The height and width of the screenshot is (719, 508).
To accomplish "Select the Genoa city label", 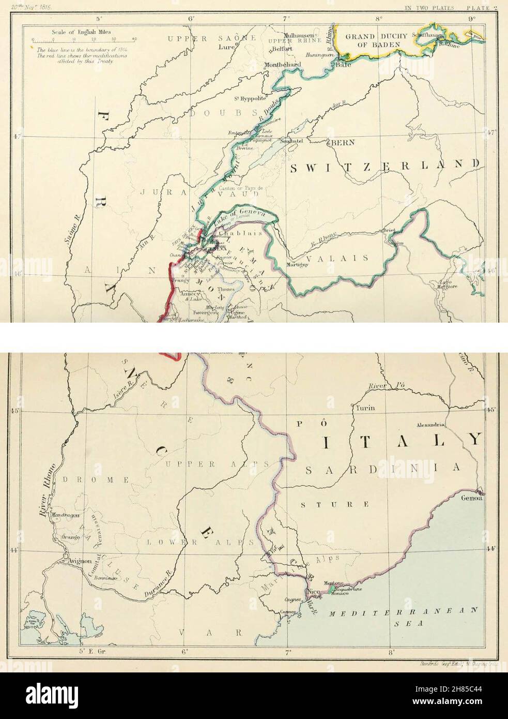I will coord(472,498).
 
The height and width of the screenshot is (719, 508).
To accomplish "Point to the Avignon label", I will coord(78,560).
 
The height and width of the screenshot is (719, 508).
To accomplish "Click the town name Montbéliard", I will coord(282,65).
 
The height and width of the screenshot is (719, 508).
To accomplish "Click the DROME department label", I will coord(96,480).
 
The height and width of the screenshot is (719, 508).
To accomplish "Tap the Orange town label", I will coord(71,537).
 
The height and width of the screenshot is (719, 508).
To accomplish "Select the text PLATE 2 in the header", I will coord(482,7).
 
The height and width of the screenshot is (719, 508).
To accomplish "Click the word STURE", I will coord(335,503).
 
